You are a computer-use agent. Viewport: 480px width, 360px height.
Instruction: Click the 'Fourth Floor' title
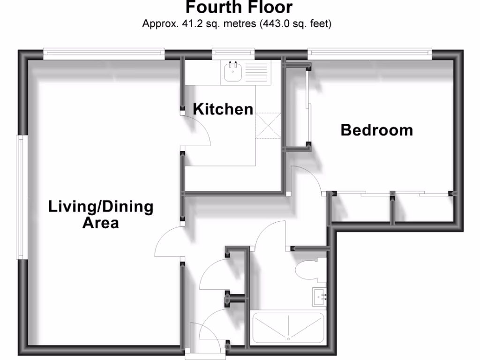(239, 8)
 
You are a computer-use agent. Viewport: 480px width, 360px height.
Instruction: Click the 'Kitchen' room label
(223, 110)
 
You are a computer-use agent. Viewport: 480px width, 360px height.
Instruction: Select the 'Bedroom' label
(376, 130)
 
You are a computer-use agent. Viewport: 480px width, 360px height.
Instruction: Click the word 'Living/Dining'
(101, 207)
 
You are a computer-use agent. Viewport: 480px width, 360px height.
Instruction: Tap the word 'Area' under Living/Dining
(100, 223)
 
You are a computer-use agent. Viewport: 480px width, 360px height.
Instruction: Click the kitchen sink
(232, 72)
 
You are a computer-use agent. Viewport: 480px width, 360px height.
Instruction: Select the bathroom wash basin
(319, 297)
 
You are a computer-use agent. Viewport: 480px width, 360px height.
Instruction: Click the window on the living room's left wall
(20, 197)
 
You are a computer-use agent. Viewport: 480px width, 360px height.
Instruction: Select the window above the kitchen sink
(233, 53)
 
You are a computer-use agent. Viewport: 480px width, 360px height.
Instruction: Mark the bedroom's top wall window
(369, 53)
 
